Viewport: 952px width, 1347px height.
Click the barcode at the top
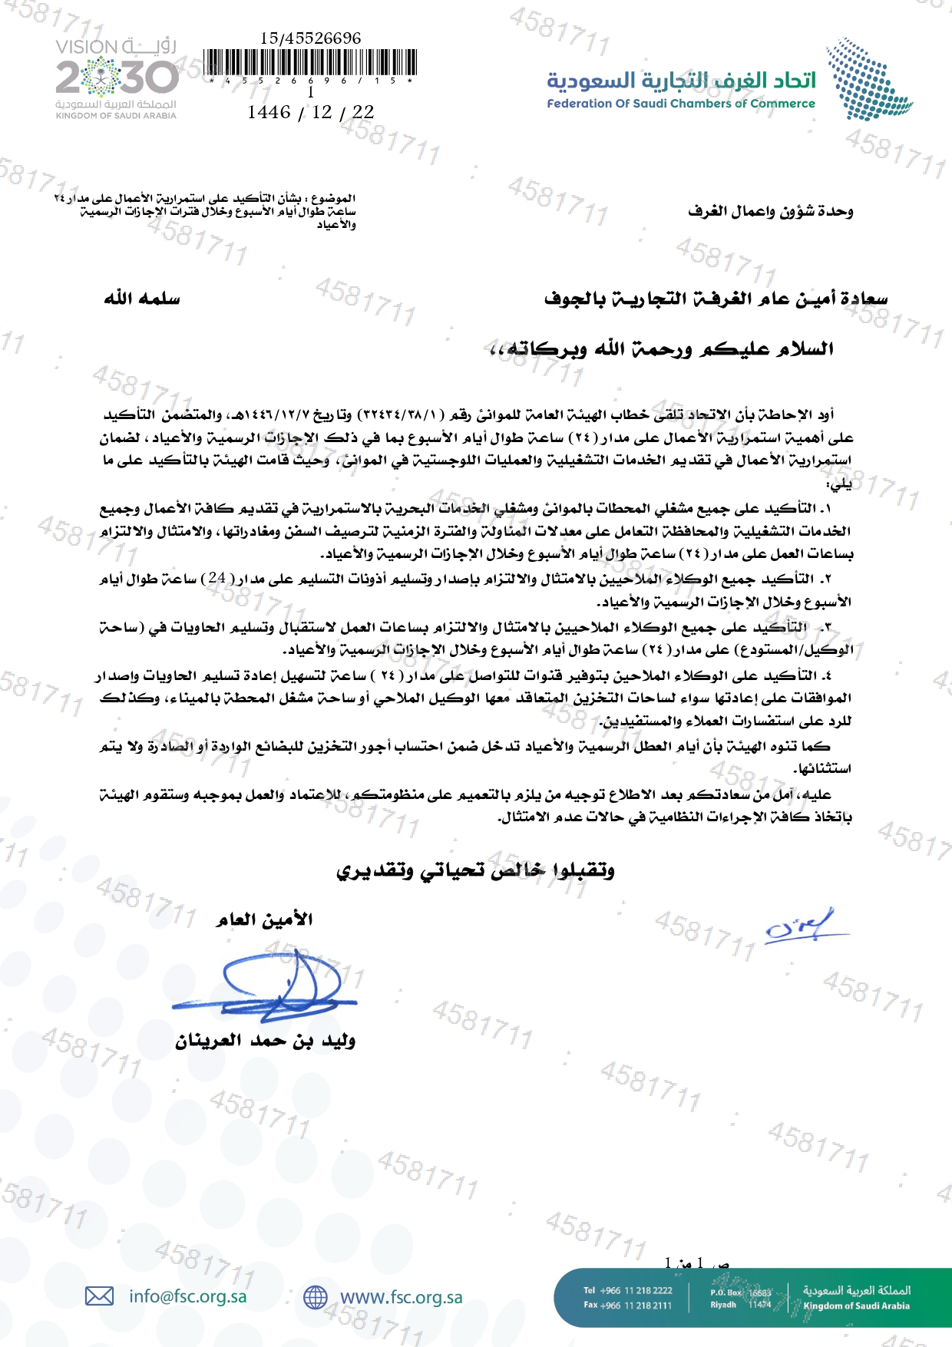click(310, 62)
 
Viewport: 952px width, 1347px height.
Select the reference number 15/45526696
click(310, 38)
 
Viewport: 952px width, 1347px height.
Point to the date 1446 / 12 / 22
click(310, 112)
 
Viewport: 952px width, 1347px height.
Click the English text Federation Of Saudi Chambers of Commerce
click(680, 104)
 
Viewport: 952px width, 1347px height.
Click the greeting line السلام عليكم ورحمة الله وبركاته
click(661, 350)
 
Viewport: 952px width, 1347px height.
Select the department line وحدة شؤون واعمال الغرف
click(770, 211)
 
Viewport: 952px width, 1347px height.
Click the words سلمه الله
click(142, 299)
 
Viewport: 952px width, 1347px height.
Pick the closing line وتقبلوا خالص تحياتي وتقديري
click(476, 870)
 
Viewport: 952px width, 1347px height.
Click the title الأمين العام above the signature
click(264, 919)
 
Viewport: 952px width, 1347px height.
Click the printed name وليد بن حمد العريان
click(265, 1042)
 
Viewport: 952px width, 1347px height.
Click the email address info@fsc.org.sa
click(187, 1296)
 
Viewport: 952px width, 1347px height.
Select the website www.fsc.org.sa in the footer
click(401, 1297)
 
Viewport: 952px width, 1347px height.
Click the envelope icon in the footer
click(99, 1296)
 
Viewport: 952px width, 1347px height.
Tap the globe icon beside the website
click(315, 1297)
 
